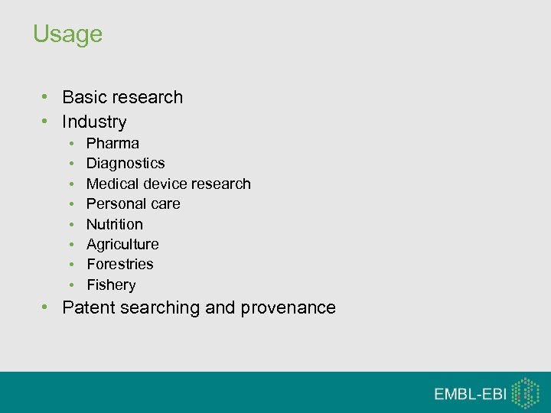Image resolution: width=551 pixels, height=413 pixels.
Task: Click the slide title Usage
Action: (67, 34)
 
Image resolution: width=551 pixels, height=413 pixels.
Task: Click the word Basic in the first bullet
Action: (84, 97)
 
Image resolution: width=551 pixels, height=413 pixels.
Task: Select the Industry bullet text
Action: (94, 122)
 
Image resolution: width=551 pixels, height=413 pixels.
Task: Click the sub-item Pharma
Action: (112, 143)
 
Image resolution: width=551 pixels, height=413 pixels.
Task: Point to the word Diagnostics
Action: (126, 163)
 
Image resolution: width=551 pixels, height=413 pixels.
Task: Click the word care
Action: (165, 203)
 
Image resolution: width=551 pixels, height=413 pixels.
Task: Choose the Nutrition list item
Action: (114, 224)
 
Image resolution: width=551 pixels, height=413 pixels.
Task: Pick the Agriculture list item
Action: (122, 244)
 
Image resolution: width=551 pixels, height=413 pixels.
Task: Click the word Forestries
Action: (119, 264)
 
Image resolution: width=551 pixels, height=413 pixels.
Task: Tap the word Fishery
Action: (111, 285)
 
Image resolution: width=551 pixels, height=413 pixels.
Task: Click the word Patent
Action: (86, 307)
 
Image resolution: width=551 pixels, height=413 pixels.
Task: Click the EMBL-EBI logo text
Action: (470, 394)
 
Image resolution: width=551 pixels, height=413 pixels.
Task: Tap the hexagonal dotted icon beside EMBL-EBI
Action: (525, 392)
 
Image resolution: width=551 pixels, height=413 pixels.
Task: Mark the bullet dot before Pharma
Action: (70, 144)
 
